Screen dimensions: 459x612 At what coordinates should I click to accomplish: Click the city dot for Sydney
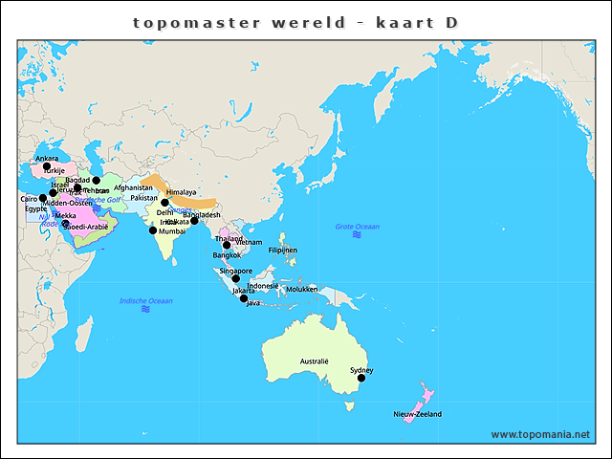coord(361,378)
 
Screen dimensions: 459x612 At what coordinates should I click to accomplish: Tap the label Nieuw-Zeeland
coord(417,414)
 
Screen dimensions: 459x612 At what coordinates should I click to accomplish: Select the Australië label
coord(315,361)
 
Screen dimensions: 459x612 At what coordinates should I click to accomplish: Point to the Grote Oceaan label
coord(357,227)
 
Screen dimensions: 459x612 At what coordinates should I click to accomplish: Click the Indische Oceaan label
coord(145,301)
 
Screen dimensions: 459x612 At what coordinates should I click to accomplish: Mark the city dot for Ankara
coord(47,166)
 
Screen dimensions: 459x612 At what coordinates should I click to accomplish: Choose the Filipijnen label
coord(283,250)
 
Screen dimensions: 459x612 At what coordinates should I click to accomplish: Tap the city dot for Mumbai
coord(152,229)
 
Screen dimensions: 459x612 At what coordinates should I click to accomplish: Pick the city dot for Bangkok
coord(227,246)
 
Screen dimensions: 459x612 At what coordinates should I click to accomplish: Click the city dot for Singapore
coord(236,278)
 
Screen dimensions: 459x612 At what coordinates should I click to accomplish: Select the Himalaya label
coord(181,192)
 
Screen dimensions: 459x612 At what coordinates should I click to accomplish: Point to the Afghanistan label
coord(133,187)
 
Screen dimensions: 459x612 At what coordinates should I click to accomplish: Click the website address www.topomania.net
coord(540,434)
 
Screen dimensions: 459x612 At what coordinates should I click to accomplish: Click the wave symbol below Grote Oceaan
coord(357,235)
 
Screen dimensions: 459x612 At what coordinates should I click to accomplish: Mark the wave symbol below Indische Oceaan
coord(145,310)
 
